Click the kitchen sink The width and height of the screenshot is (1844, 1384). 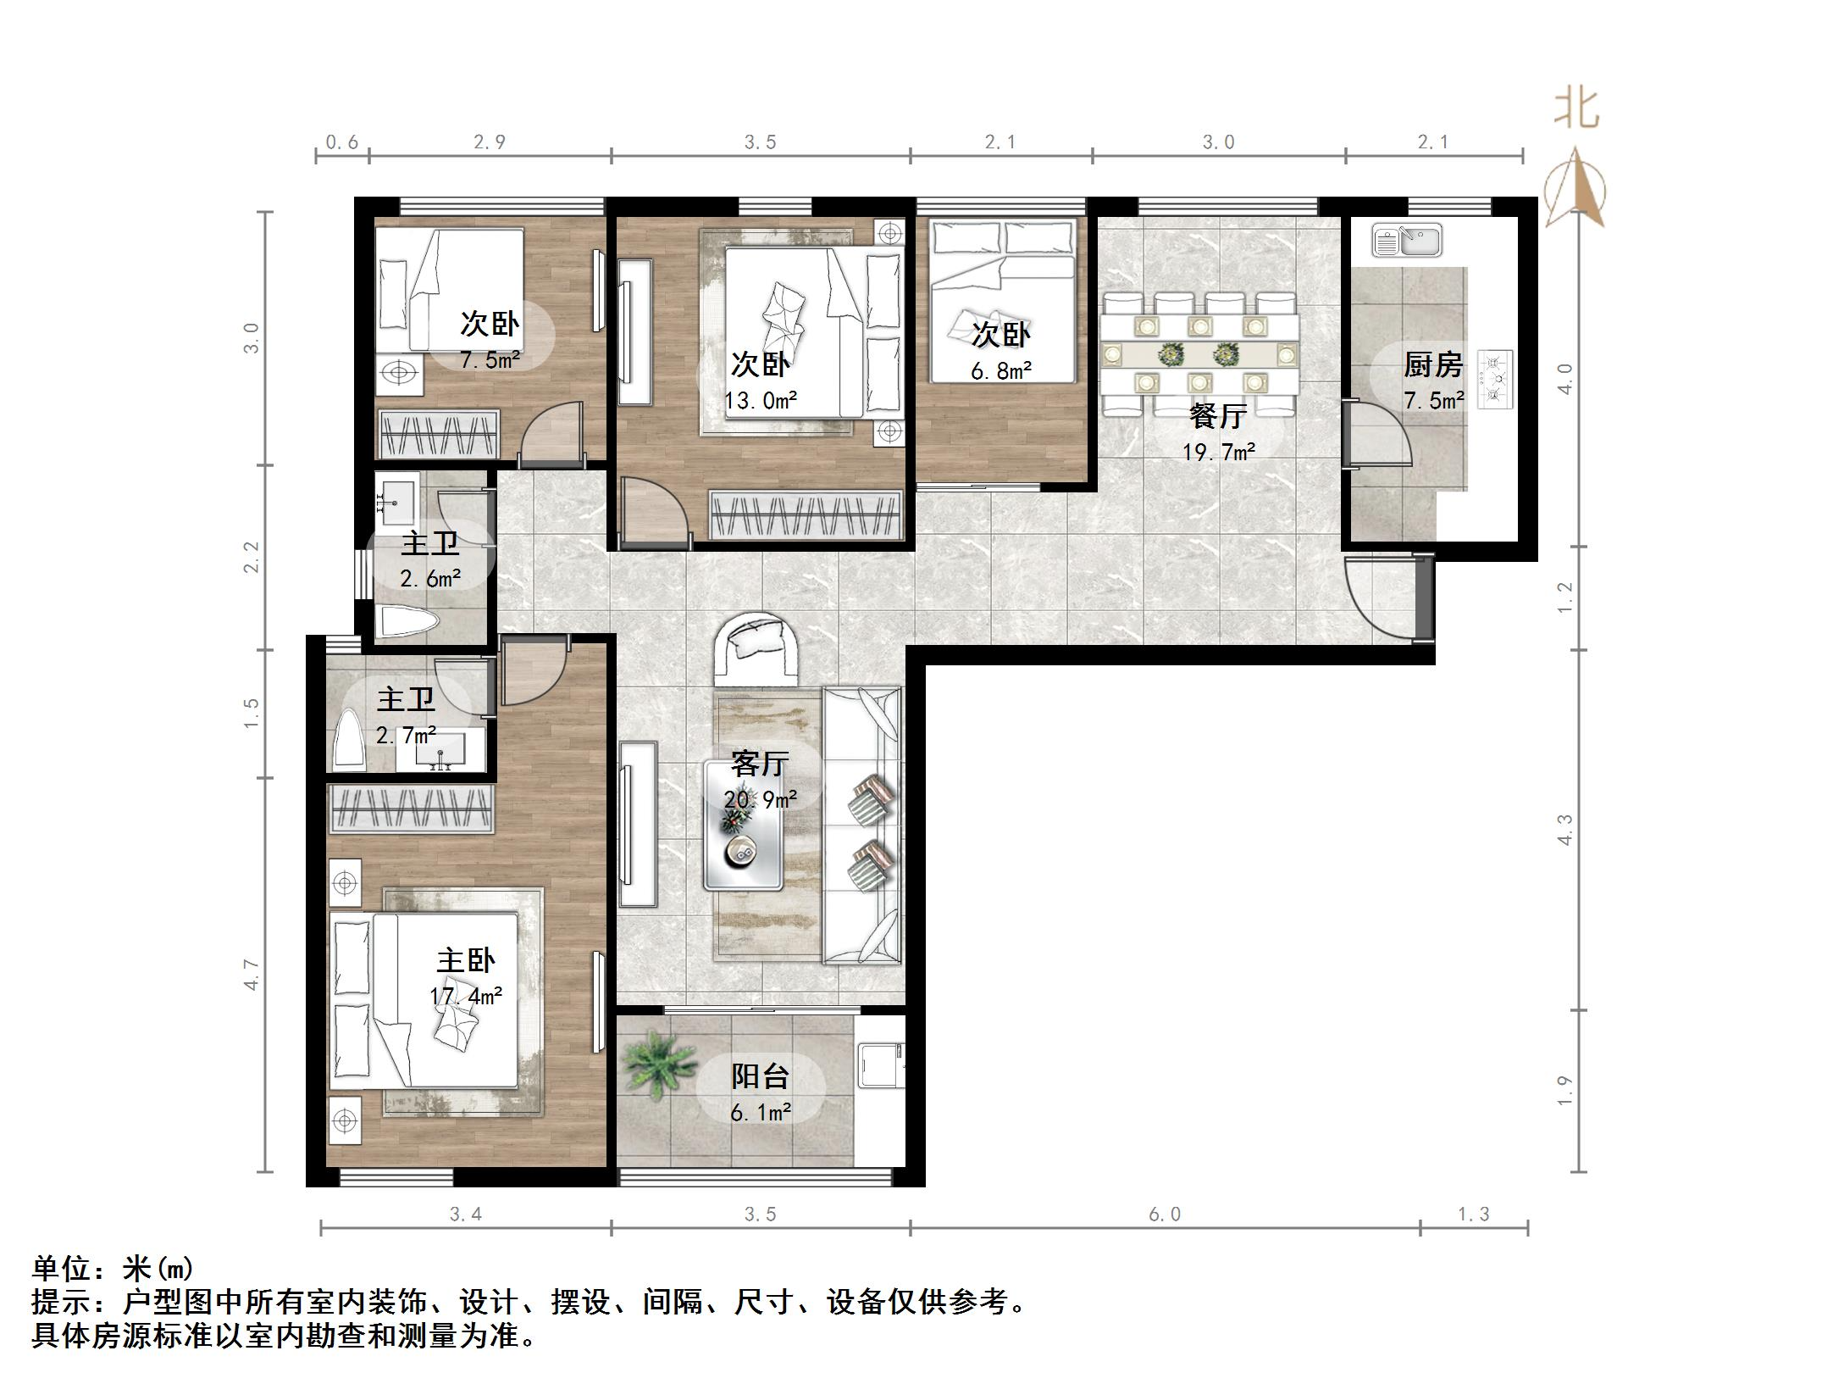point(1406,241)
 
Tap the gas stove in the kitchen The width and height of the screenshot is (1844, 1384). point(1496,379)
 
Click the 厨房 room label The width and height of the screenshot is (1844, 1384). point(1433,365)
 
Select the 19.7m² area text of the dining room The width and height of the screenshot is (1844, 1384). point(1219,452)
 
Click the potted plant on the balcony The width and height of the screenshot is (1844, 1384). point(658,1064)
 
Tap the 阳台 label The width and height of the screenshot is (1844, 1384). point(760,1076)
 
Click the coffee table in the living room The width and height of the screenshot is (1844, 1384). point(743,824)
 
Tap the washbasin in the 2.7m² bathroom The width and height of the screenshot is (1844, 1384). point(440,749)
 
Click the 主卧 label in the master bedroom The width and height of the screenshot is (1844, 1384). point(465,960)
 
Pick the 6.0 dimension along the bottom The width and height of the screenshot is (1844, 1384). point(1165,1214)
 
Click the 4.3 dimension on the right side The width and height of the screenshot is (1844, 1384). point(1564,829)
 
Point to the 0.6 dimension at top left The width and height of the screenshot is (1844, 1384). point(341,142)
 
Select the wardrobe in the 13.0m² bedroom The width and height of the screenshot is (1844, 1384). point(804,514)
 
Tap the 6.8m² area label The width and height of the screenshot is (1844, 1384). point(1000,370)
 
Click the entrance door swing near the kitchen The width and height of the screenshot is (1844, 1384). point(1381,598)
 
